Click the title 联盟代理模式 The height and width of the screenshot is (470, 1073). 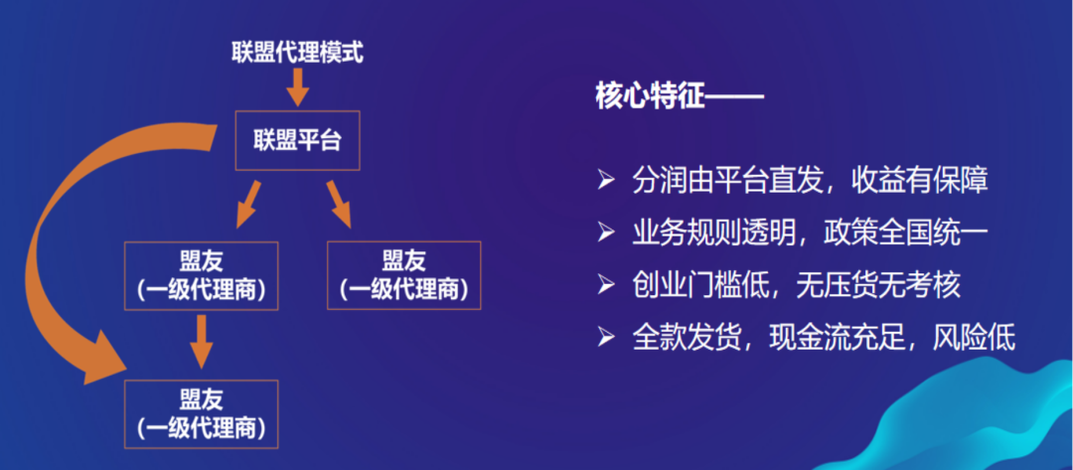[297, 52]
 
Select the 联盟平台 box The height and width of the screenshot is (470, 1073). [297, 141]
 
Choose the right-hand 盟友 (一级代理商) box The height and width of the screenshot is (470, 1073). [403, 275]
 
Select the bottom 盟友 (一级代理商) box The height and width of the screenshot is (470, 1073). [203, 414]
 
